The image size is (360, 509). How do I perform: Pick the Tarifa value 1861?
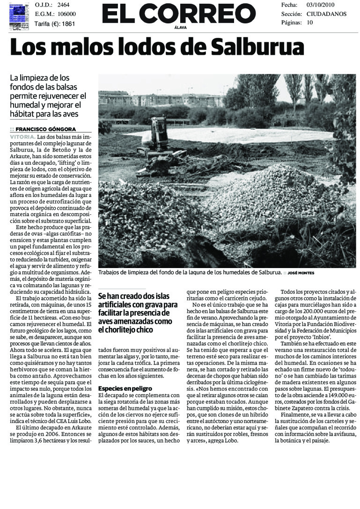68,23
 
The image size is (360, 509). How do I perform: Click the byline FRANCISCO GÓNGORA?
45,129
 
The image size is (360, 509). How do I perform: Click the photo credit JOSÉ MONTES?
301,273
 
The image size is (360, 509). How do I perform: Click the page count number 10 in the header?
309,22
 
